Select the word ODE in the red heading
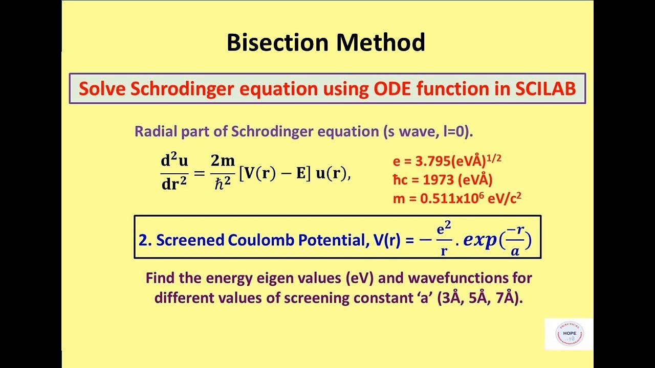click(390, 89)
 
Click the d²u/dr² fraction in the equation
click(174, 172)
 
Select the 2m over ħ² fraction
click(223, 172)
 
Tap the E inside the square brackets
click(300, 173)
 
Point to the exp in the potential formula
click(484, 241)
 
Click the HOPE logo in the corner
click(569, 334)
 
